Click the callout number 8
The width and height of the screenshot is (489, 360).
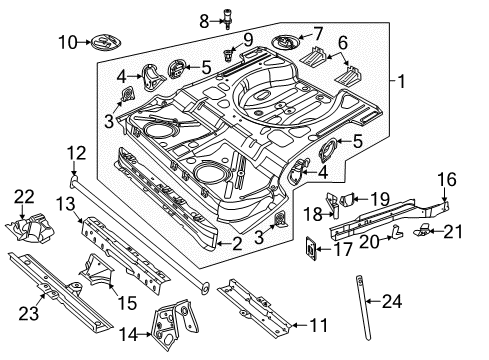tap(204, 22)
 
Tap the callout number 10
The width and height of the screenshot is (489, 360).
tap(68, 43)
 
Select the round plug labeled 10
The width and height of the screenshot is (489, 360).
tap(106, 43)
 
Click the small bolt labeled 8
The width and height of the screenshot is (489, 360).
tap(228, 19)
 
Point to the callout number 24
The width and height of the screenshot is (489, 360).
tap(392, 301)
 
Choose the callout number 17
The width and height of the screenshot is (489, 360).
tap(342, 249)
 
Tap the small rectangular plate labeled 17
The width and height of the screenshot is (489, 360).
tap(311, 249)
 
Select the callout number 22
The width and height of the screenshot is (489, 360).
tap(24, 197)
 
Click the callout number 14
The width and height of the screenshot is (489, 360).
tap(129, 334)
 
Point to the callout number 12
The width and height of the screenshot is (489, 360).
tap(76, 153)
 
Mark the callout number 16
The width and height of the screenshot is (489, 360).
tap(447, 179)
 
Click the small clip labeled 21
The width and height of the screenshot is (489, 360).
tap(421, 230)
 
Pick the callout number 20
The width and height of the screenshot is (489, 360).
tap(370, 241)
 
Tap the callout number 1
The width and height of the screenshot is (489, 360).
tap(401, 81)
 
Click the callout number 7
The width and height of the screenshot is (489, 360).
tap(318, 34)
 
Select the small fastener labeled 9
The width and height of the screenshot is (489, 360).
tap(228, 55)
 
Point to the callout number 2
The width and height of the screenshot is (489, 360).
tap(237, 244)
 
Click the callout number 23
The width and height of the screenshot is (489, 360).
tap(28, 314)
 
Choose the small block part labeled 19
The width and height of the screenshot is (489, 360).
tap(347, 199)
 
